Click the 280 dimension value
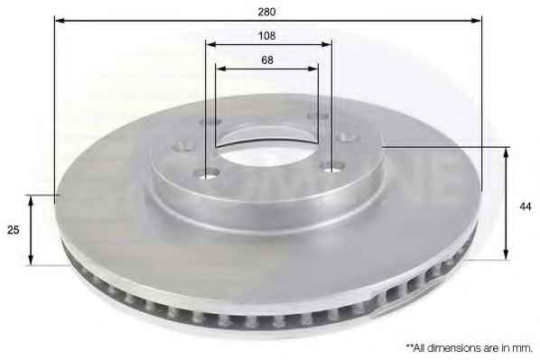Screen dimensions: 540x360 (x=267, y=12)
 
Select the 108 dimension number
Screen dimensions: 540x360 (x=267, y=36)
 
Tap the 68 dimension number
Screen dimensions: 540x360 (x=267, y=60)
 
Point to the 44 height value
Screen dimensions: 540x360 (x=526, y=207)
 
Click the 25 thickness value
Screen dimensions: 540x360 (x=13, y=230)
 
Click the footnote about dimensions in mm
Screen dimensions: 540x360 (x=470, y=348)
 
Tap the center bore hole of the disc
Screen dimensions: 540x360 (x=267, y=152)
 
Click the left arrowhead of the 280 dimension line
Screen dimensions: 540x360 (x=60, y=21)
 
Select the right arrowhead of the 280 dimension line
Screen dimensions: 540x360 (x=476, y=21)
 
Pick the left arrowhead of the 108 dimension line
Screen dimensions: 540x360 (x=210, y=44)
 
